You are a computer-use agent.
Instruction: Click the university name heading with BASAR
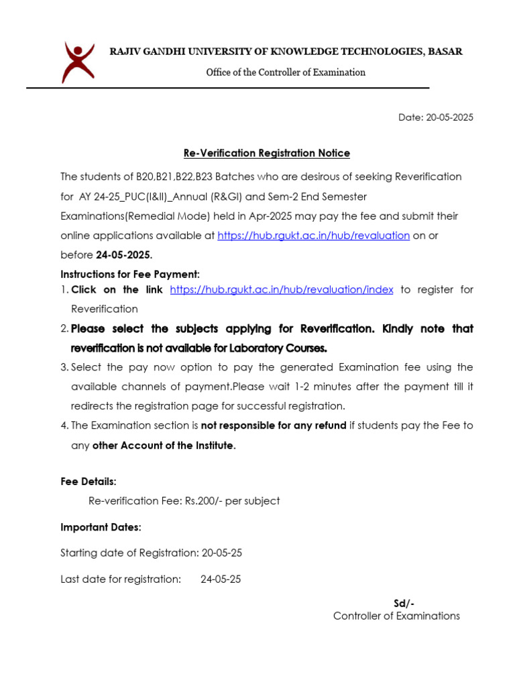(286, 52)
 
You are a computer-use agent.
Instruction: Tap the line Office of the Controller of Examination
(285, 72)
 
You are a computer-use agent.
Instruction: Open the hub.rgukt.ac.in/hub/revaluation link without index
(313, 236)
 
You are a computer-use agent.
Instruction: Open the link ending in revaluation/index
(281, 289)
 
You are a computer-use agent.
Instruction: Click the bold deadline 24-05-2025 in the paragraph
(123, 255)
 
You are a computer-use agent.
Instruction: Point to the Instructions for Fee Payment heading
(130, 275)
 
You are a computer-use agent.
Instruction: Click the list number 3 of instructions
(64, 368)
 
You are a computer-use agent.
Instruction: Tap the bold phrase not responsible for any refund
(274, 425)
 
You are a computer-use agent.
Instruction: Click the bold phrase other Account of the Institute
(164, 445)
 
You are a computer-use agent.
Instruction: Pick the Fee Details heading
(89, 482)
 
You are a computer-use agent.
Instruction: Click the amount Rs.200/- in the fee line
(200, 501)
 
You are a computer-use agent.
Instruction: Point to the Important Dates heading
(101, 527)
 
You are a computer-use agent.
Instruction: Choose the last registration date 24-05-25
(221, 579)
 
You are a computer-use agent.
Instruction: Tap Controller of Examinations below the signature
(396, 616)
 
